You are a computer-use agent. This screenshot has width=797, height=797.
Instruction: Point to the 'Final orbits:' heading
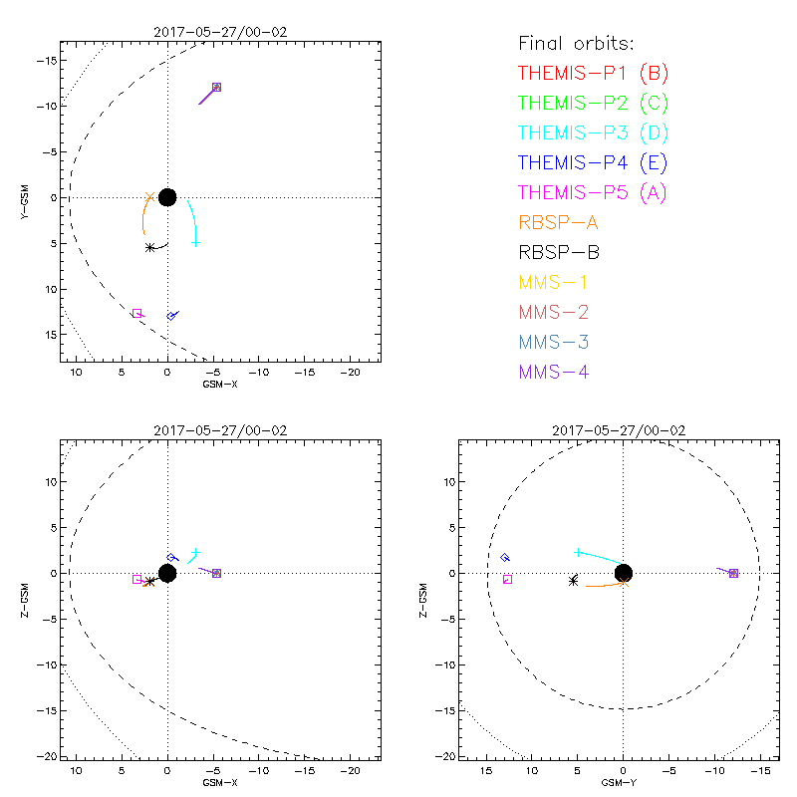(x=576, y=43)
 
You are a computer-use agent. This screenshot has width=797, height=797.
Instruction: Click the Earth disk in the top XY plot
(x=167, y=197)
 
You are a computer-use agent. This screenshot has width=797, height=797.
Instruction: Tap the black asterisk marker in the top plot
(x=149, y=247)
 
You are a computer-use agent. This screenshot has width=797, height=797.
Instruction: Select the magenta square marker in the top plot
(x=136, y=314)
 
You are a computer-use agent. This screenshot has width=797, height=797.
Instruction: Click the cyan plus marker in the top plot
(x=195, y=243)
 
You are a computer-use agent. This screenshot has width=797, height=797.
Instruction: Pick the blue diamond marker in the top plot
(x=171, y=316)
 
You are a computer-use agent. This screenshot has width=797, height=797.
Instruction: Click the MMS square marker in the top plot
(x=216, y=88)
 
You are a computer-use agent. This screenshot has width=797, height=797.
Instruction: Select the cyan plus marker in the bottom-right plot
(x=578, y=552)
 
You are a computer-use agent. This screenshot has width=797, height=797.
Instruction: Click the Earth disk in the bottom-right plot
(x=624, y=573)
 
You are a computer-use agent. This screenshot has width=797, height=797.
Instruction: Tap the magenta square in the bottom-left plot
(x=137, y=579)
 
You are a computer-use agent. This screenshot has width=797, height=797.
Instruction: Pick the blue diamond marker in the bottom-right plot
(x=505, y=558)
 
